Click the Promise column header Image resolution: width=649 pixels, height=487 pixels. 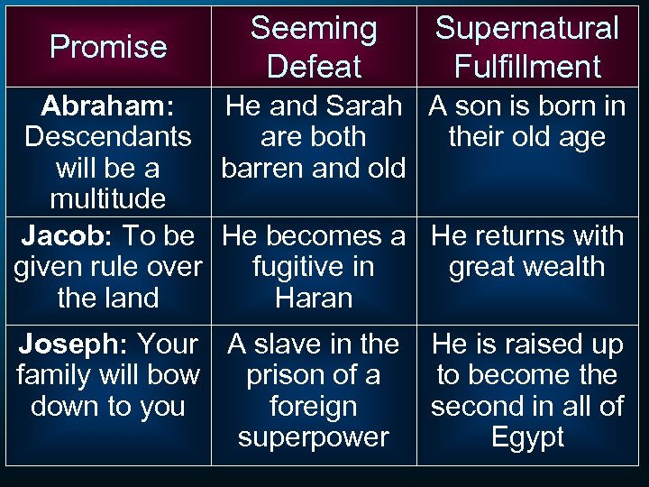(108, 47)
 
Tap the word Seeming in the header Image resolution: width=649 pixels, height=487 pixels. (314, 29)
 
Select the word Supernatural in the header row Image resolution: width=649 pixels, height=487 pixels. (527, 29)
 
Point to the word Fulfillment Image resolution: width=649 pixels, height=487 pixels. (527, 67)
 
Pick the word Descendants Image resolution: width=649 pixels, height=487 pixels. (108, 137)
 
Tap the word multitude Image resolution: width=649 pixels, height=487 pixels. (108, 198)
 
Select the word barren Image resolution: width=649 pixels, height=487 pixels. (262, 169)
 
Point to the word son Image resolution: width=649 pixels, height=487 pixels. (487, 106)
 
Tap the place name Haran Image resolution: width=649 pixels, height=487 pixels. (314, 298)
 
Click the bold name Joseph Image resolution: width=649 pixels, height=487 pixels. (69, 345)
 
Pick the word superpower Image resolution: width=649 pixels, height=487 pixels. (314, 437)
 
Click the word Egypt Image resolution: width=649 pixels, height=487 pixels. (527, 437)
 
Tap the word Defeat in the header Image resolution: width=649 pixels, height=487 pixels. (314, 67)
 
